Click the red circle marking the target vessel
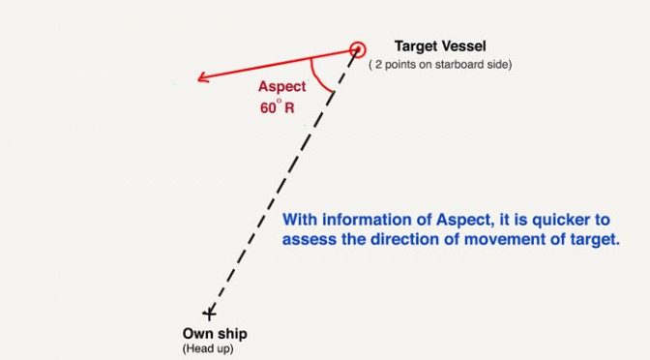click(357, 43)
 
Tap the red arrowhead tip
click(197, 78)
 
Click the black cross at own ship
click(209, 314)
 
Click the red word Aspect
click(281, 87)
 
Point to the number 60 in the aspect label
click(268, 108)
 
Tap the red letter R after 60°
click(289, 108)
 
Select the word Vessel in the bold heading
click(463, 45)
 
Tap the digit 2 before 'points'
click(378, 65)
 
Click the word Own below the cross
click(197, 334)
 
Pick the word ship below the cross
click(232, 334)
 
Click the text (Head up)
click(208, 348)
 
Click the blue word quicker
click(561, 221)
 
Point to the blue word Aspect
click(465, 221)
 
